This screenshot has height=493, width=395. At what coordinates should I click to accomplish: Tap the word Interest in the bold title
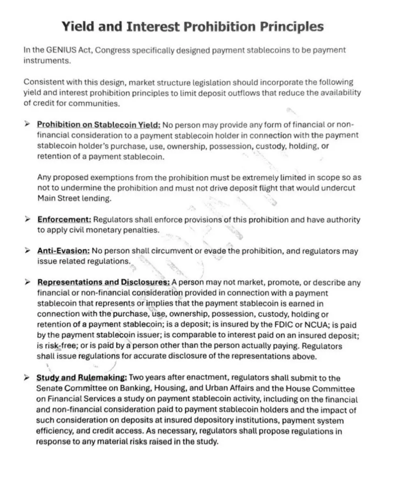click(152, 27)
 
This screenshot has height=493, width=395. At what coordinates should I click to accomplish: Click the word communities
click(94, 103)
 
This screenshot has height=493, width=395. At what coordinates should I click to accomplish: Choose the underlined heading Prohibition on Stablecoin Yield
click(99, 124)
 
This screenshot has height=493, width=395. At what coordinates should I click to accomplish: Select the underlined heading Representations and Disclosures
click(104, 282)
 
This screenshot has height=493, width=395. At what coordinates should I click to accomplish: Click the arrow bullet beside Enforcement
click(27, 219)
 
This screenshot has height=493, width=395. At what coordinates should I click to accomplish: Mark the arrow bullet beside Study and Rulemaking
click(27, 378)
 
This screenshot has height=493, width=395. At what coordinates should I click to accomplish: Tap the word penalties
click(141, 230)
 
